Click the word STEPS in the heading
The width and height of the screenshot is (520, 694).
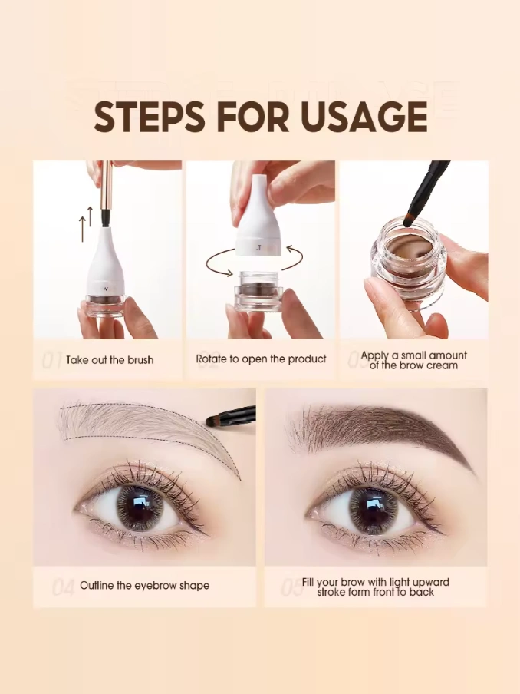[150, 116]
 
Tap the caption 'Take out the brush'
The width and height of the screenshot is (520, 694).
[110, 360]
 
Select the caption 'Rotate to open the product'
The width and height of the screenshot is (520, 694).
[261, 359]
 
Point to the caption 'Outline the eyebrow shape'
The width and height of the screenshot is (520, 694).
[145, 586]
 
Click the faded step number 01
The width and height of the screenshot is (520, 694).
[51, 361]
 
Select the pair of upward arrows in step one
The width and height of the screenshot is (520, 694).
[86, 223]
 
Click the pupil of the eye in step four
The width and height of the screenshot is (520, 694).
[139, 508]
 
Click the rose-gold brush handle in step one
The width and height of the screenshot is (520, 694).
[106, 186]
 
